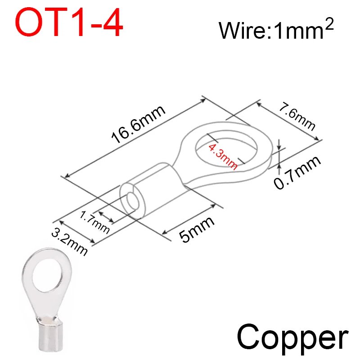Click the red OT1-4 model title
[69, 22]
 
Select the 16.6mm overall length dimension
[138, 125]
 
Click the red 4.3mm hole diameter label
[223, 157]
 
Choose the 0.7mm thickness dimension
[297, 172]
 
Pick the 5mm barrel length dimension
[197, 229]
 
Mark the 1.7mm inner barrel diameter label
[94, 222]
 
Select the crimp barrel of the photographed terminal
[50, 334]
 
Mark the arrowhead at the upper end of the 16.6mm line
[203, 100]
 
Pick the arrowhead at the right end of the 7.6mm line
[316, 138]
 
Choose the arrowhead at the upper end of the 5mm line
[213, 206]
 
